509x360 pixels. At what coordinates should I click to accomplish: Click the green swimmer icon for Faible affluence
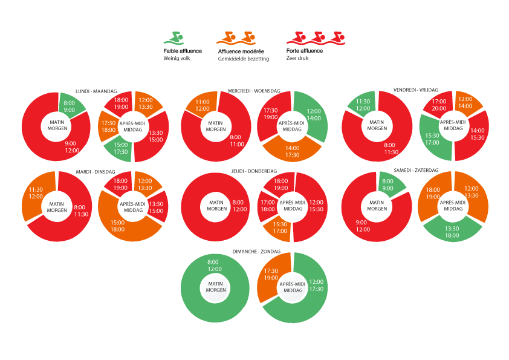[x=173, y=38]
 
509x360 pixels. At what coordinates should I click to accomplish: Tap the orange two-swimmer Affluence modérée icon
[x=236, y=38]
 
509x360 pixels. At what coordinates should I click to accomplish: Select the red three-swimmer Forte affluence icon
[x=316, y=38]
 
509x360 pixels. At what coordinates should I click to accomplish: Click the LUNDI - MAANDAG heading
[x=96, y=91]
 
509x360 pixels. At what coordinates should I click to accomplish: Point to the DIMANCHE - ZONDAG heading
[x=256, y=252]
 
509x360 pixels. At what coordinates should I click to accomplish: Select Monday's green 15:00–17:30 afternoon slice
[x=119, y=149]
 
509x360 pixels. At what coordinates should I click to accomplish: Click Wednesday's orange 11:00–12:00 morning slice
[x=202, y=105]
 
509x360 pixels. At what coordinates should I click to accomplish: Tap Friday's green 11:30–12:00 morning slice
[x=363, y=104]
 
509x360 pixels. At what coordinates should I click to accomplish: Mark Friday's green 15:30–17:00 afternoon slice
[x=433, y=138]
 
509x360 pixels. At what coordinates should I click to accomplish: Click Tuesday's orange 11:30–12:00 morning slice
[x=37, y=194]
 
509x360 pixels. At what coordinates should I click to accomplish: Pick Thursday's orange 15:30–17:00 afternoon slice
[x=278, y=227]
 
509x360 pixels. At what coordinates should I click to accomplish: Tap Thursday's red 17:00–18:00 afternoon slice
[x=267, y=206]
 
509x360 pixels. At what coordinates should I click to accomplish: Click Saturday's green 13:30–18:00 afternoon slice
[x=453, y=230]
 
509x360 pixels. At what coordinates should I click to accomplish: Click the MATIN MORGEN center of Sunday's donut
[x=215, y=287]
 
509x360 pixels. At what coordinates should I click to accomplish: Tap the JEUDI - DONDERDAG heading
[x=254, y=171]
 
